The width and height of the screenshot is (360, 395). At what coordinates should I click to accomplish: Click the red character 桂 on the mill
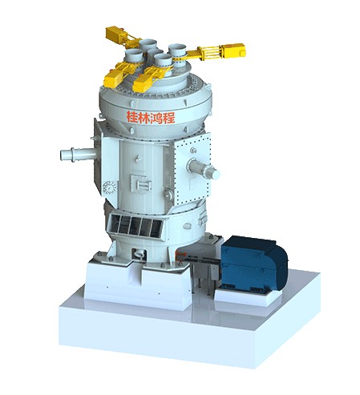click(x=132, y=117)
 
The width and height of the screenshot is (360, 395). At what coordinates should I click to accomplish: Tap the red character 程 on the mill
click(x=169, y=118)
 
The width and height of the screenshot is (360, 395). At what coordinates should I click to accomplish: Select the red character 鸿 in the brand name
click(x=156, y=118)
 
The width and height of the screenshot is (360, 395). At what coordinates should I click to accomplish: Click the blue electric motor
click(x=254, y=263)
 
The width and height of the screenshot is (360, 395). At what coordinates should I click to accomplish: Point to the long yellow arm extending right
click(x=211, y=52)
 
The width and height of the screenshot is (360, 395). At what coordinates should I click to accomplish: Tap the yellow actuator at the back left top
click(x=122, y=37)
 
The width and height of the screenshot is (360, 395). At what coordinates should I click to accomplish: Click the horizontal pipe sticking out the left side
click(x=79, y=154)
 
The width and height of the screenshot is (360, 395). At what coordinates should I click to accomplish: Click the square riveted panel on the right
click(x=192, y=169)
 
